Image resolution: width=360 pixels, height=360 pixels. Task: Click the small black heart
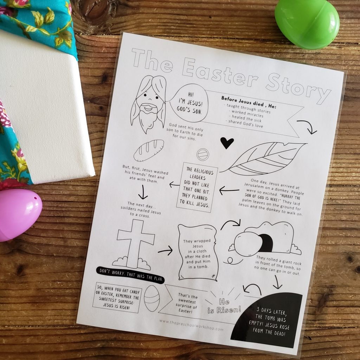point(227,142)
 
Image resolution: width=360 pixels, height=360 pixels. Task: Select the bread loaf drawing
point(149,150)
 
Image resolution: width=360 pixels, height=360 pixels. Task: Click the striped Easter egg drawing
point(152,298)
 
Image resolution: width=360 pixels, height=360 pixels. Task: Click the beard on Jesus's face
point(148,114)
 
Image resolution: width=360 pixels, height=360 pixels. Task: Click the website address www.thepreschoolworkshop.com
point(191,324)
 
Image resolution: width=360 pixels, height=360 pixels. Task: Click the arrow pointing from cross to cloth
point(165,251)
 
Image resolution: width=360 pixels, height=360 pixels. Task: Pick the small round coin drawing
point(203,154)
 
